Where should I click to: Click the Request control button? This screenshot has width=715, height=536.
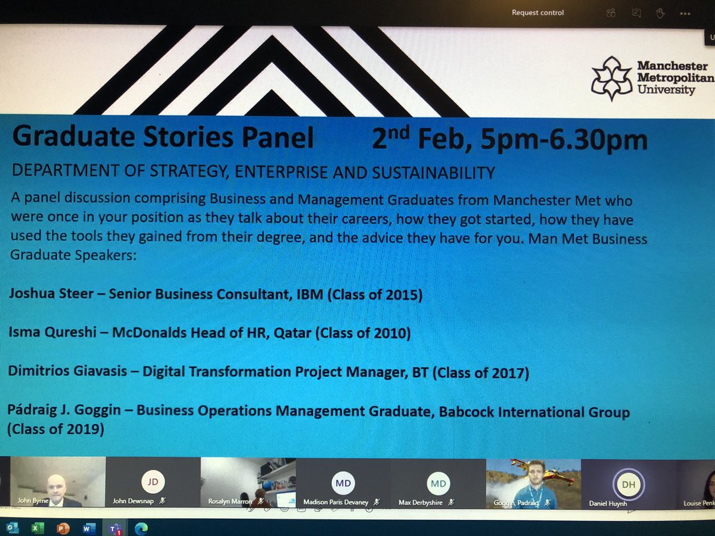click(x=537, y=13)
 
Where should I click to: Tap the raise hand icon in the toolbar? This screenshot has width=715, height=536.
click(x=660, y=13)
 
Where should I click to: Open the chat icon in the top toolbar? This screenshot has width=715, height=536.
click(x=637, y=13)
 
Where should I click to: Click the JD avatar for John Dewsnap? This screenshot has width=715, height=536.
click(x=153, y=483)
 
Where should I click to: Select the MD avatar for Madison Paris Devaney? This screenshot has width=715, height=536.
click(x=343, y=483)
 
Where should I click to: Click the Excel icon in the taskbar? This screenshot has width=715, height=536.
click(x=36, y=528)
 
